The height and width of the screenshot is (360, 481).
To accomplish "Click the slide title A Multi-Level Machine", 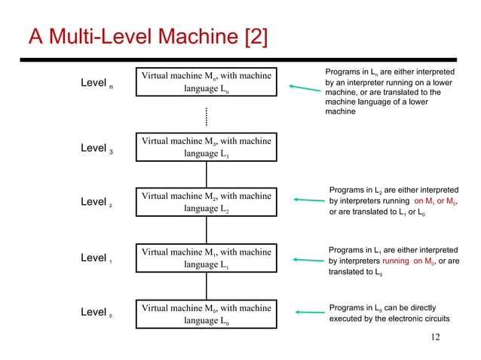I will coord(147,35).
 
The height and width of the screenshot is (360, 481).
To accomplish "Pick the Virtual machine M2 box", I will coord(206,203).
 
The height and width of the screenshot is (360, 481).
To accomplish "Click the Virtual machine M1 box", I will coord(206,258).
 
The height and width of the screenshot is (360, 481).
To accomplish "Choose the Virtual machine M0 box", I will coord(206,315).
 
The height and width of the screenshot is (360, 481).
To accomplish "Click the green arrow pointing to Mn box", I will coord(305,90).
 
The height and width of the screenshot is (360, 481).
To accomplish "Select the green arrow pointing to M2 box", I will coord(308,200).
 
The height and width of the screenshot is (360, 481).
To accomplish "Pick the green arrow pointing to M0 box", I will coord(308,312).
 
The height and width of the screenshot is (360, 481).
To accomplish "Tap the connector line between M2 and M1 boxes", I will coord(206,230).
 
